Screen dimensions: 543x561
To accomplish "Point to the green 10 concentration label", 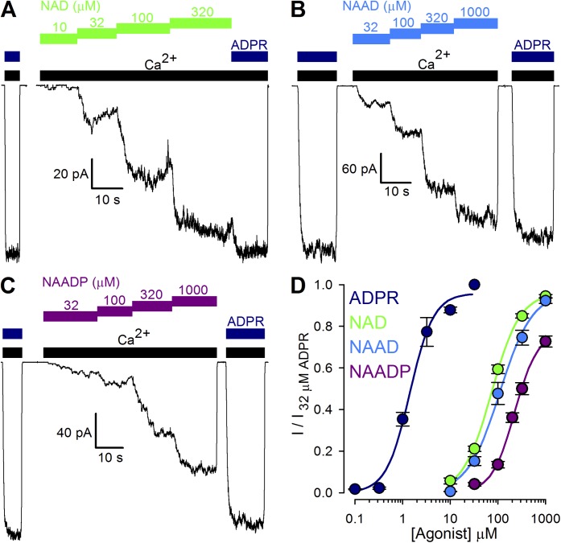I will pos(57,27).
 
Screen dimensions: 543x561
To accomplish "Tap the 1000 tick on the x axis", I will pos(545,507).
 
